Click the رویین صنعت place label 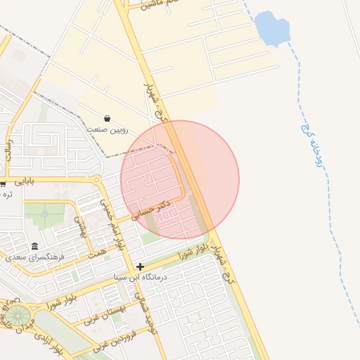tap(108, 129)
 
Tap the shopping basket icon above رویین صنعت tap(107, 119)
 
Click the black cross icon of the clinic tap(141, 266)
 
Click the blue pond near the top tap(272, 29)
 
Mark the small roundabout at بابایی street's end tap(96, 180)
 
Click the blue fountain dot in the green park tap(44, 213)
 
